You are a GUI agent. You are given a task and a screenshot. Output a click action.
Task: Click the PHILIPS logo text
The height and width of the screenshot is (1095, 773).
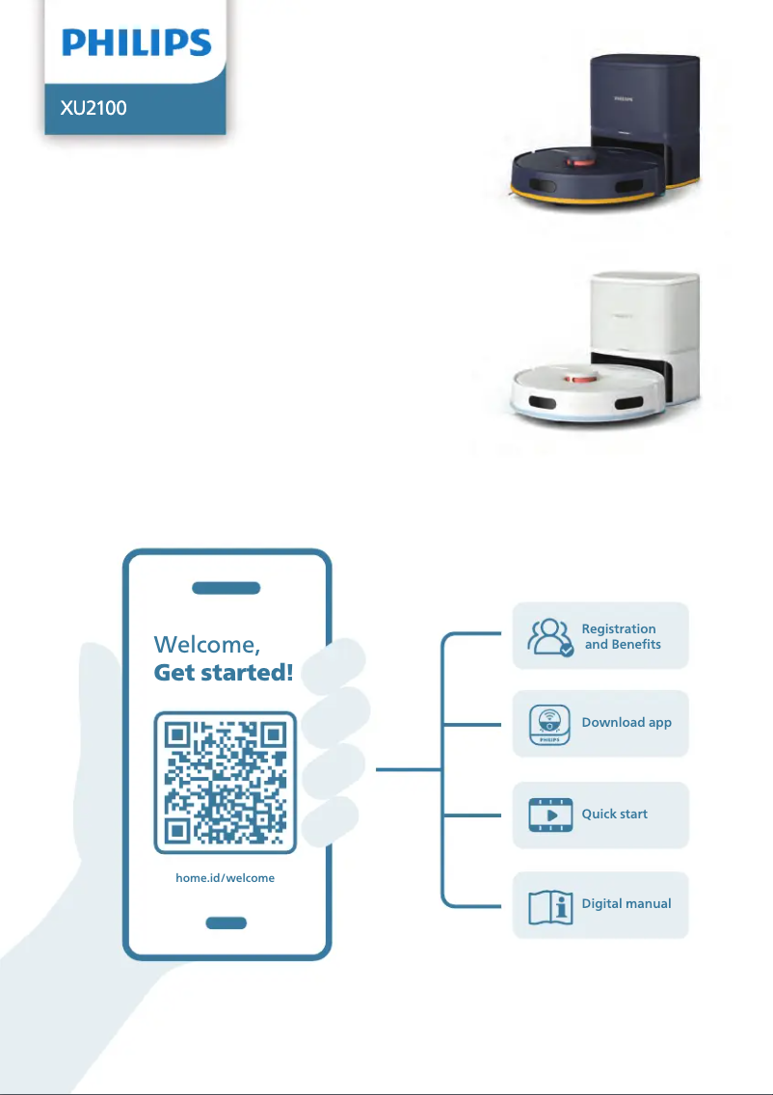(x=136, y=42)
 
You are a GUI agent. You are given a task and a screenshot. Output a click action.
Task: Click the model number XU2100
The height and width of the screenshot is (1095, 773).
(x=93, y=108)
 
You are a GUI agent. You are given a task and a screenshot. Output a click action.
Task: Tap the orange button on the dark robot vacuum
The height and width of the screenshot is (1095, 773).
(x=580, y=162)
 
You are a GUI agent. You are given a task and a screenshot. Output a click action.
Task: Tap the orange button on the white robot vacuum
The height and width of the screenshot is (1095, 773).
(x=580, y=379)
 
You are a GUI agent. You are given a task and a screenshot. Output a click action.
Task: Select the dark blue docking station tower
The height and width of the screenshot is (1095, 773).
(x=644, y=119)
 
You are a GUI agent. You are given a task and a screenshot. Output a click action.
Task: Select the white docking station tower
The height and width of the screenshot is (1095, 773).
(x=645, y=335)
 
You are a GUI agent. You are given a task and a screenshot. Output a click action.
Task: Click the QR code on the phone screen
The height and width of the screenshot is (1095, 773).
(x=225, y=782)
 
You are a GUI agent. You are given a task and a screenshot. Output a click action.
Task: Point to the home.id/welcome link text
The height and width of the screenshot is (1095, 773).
(x=225, y=878)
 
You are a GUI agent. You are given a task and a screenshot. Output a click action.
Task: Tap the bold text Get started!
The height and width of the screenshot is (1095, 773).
(x=224, y=673)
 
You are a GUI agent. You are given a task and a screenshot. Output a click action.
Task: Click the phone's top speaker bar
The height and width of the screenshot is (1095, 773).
(x=227, y=588)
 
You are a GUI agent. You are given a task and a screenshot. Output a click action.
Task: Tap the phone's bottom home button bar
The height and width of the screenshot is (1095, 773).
(x=227, y=922)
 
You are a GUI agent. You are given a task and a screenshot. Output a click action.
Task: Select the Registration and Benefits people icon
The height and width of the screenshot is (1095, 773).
(x=550, y=637)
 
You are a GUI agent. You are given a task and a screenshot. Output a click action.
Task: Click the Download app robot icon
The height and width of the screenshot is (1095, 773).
(x=549, y=725)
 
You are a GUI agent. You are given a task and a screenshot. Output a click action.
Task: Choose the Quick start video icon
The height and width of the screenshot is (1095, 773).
(x=550, y=815)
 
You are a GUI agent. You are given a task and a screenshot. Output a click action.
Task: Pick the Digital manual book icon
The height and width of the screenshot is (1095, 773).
(x=550, y=907)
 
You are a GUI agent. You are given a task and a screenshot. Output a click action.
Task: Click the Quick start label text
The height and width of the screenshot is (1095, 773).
(x=615, y=814)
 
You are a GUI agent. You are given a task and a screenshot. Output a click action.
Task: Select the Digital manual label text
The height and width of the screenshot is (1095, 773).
(x=626, y=903)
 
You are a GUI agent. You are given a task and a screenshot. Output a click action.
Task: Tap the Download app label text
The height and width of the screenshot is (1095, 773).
(x=626, y=723)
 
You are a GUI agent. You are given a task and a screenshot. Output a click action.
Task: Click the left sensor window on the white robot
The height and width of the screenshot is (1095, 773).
(x=543, y=402)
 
